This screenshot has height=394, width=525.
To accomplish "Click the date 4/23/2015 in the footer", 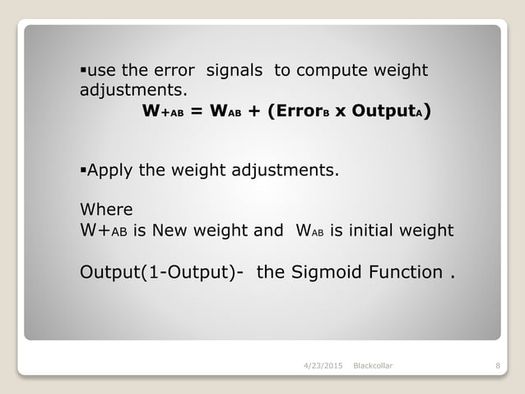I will [323, 364].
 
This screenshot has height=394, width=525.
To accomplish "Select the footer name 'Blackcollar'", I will [373, 364].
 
